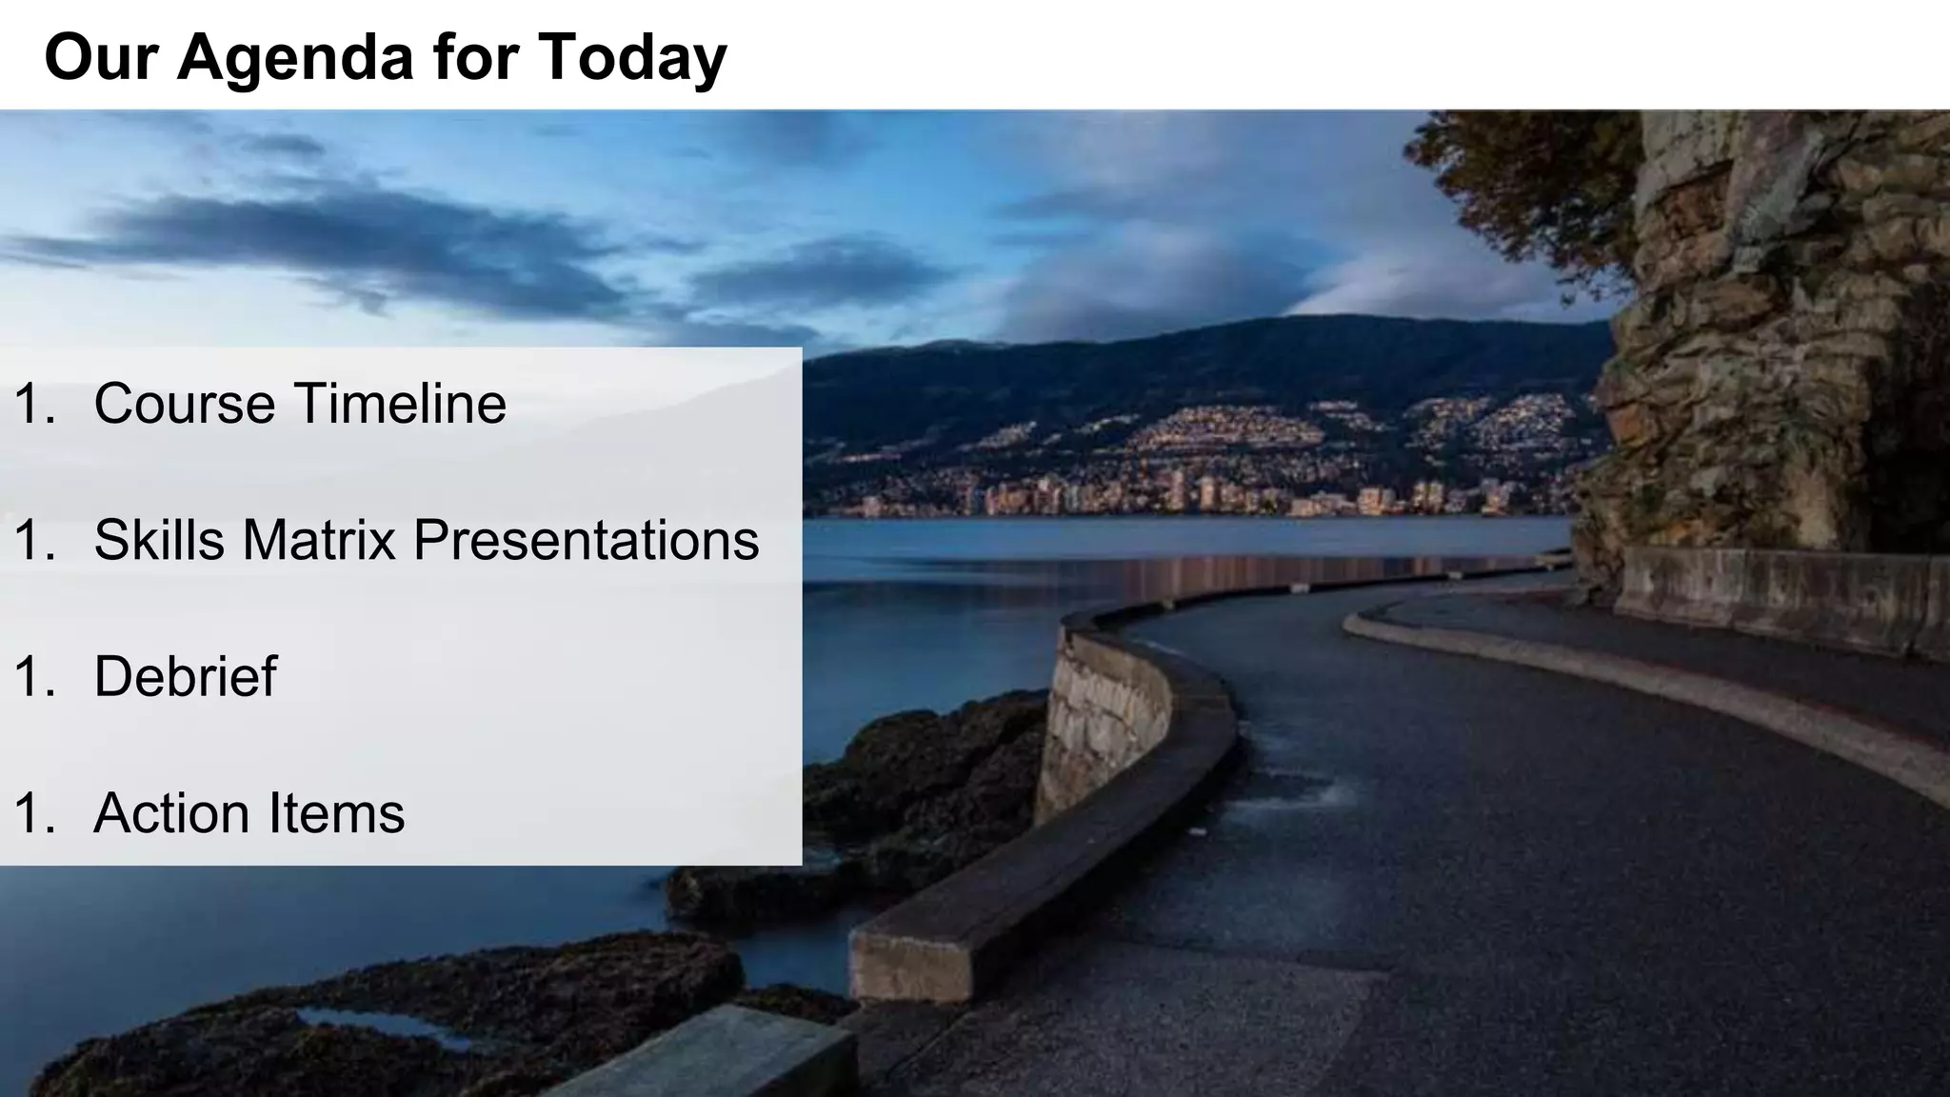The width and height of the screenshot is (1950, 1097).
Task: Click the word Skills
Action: (x=159, y=540)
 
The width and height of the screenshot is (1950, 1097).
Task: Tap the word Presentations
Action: (x=586, y=540)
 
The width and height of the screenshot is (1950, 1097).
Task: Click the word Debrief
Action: (x=185, y=677)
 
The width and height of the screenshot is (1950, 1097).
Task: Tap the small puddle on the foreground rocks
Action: (x=381, y=1026)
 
